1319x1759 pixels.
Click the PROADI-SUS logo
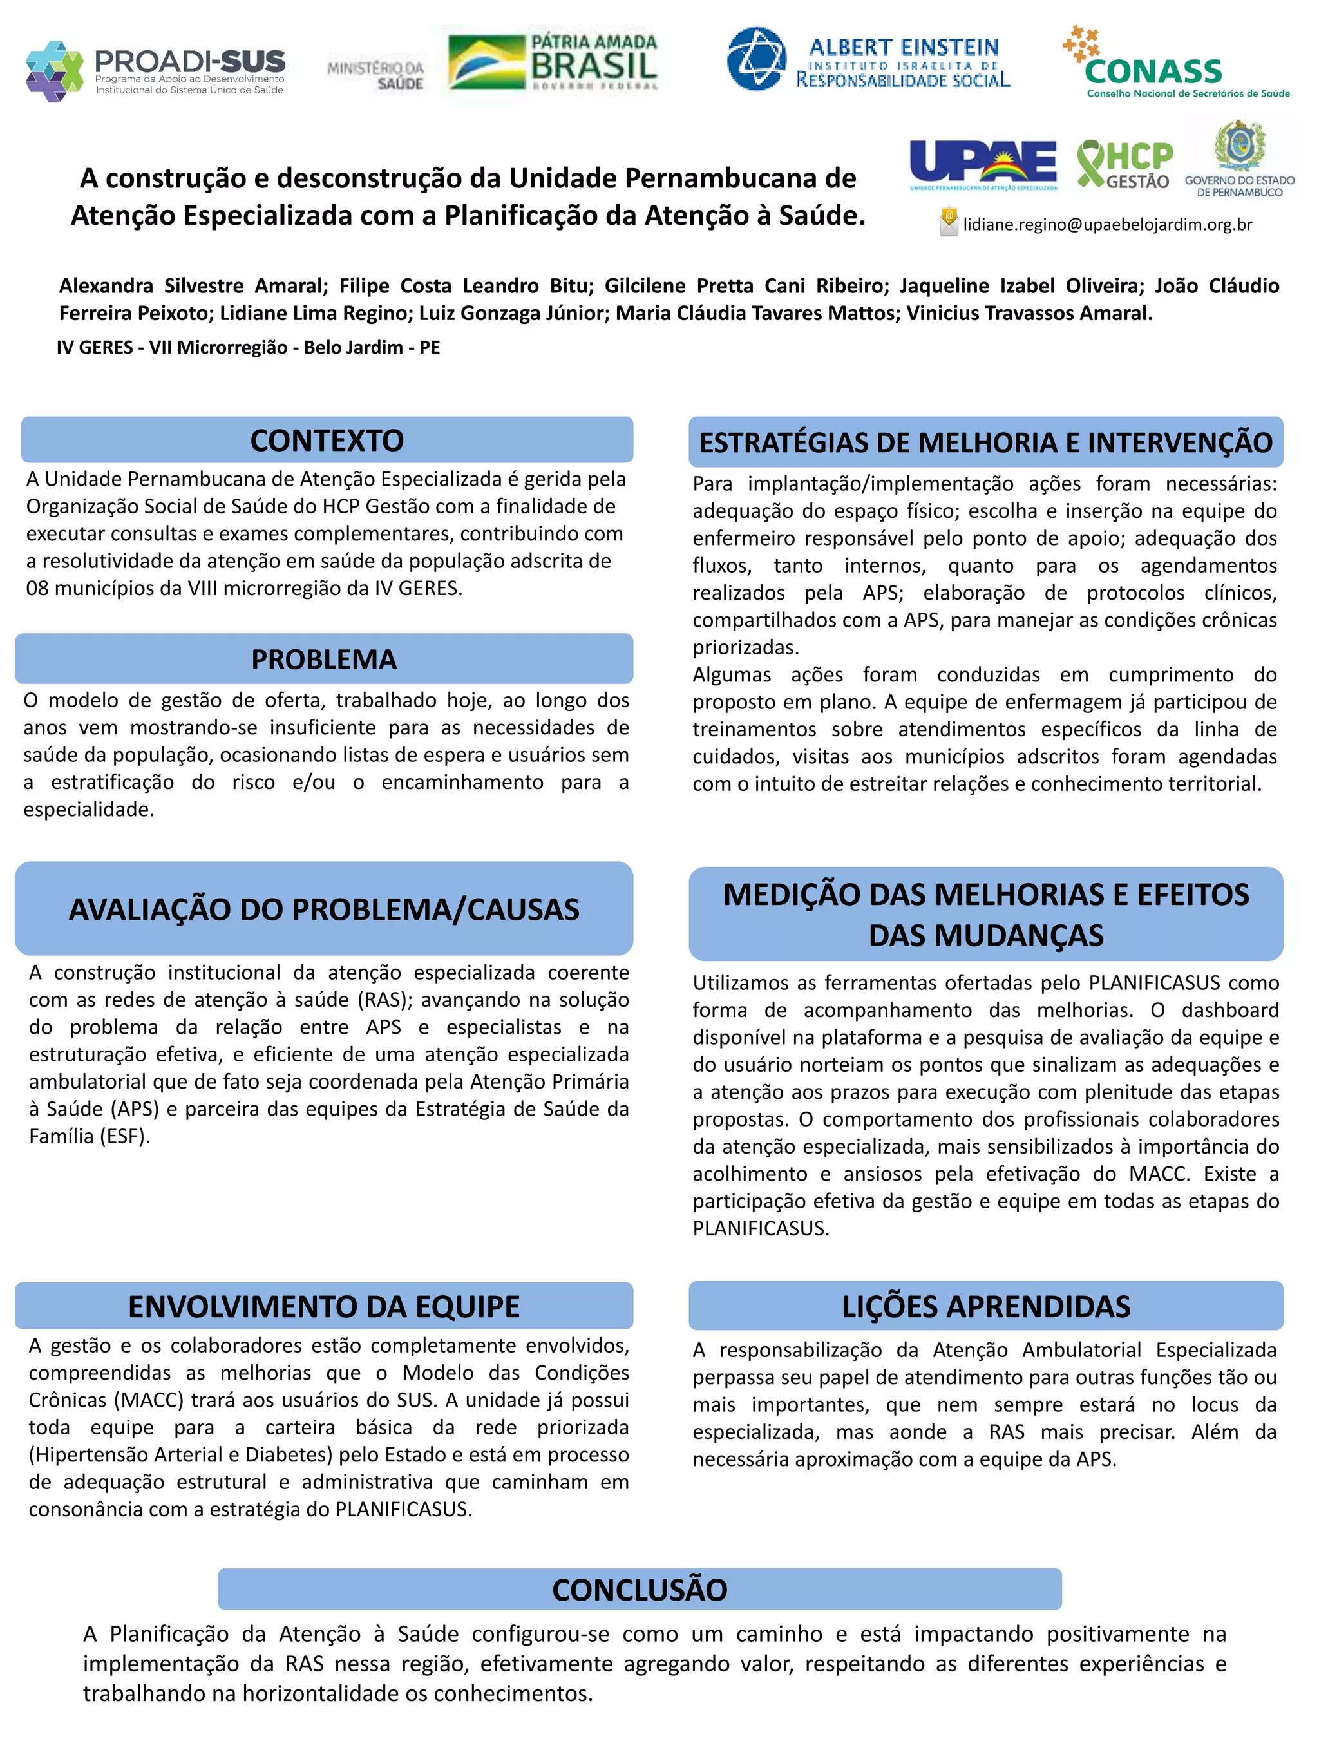coord(155,70)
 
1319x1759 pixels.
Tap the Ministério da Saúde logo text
coord(376,75)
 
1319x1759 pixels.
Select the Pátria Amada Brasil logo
coord(553,62)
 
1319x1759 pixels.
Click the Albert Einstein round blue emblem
coord(756,59)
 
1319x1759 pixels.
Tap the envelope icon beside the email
coord(949,223)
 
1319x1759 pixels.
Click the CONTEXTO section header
coord(327,441)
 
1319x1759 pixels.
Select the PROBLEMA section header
coord(323,660)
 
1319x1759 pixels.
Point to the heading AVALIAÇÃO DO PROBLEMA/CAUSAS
coord(323,909)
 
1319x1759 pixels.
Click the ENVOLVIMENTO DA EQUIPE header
coord(323,1306)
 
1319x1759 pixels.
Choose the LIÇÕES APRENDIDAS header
coord(985,1306)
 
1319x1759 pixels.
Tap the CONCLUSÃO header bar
coord(640,1590)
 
